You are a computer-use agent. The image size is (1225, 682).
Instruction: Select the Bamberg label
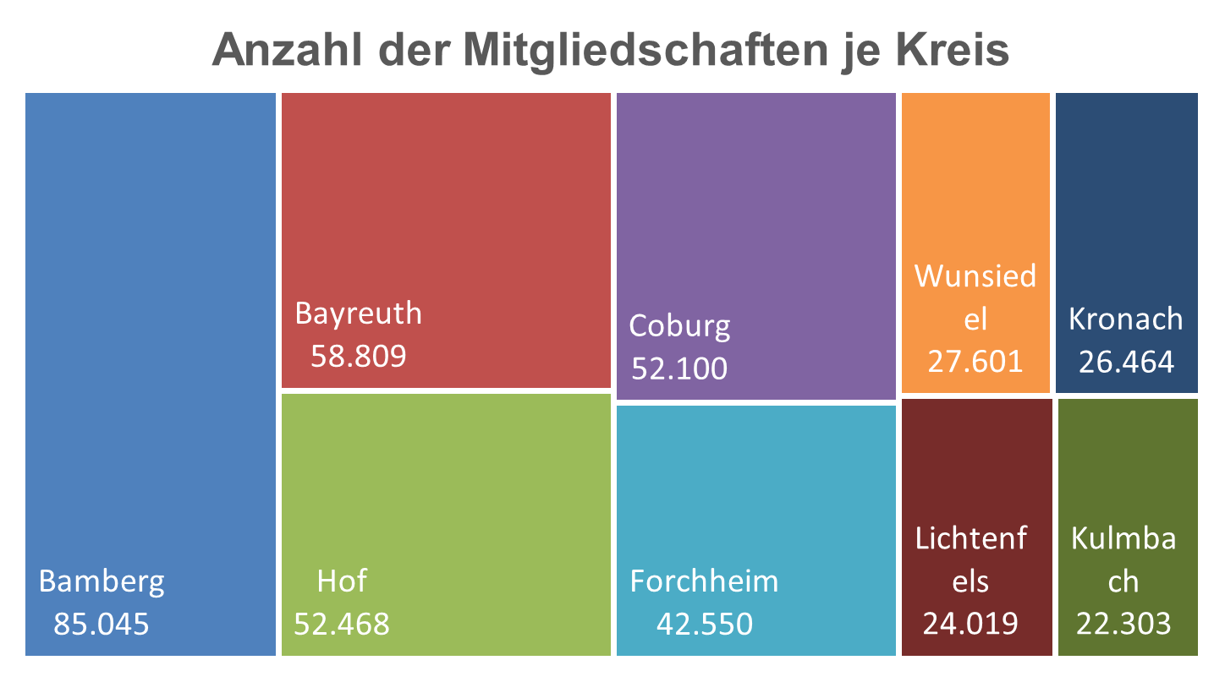(x=102, y=581)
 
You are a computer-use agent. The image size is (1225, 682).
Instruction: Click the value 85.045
(x=102, y=624)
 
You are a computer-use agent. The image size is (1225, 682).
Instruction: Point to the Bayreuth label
(x=358, y=314)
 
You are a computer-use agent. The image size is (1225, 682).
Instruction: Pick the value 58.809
(x=359, y=356)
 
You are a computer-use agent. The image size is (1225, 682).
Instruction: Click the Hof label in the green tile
(x=342, y=581)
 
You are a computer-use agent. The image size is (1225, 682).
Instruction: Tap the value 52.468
(x=342, y=624)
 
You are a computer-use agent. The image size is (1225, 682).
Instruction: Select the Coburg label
(x=679, y=325)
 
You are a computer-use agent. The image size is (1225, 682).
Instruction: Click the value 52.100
(x=679, y=368)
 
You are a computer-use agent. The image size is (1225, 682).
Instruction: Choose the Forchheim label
(x=704, y=581)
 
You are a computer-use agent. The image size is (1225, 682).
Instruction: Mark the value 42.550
(x=704, y=624)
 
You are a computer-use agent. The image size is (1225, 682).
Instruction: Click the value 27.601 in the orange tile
(x=975, y=362)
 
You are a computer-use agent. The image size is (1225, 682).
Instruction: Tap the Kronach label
(x=1126, y=319)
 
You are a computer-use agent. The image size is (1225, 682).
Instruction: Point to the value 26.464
(x=1126, y=362)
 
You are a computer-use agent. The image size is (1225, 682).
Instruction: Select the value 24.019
(x=970, y=624)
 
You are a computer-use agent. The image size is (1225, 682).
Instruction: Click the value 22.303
(x=1123, y=624)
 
